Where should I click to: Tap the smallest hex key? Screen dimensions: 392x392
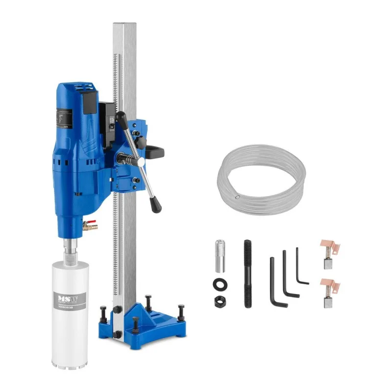[301, 267]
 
